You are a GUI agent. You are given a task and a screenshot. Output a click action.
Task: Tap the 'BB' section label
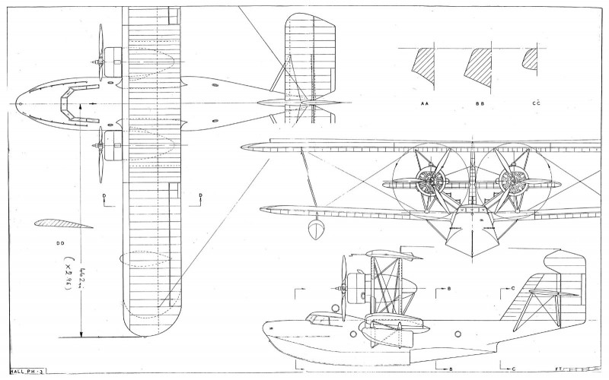coord(480,101)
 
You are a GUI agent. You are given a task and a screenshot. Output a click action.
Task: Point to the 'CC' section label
coord(537,101)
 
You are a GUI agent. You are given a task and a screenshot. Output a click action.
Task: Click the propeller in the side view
coord(343,281)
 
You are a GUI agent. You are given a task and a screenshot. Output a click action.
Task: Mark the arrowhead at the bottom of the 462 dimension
coord(82,334)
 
